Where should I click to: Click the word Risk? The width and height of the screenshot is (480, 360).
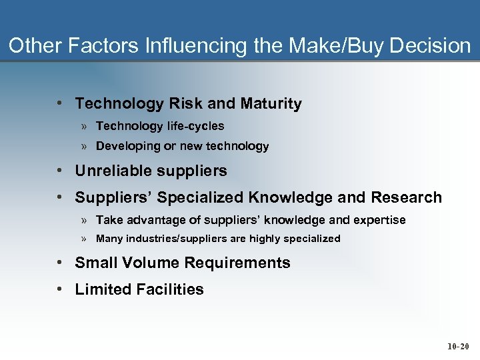(x=187, y=104)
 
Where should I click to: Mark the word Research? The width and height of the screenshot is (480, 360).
(x=406, y=197)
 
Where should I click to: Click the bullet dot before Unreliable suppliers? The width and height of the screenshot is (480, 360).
(x=60, y=171)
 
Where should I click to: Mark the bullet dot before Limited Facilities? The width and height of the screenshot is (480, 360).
(x=60, y=289)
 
